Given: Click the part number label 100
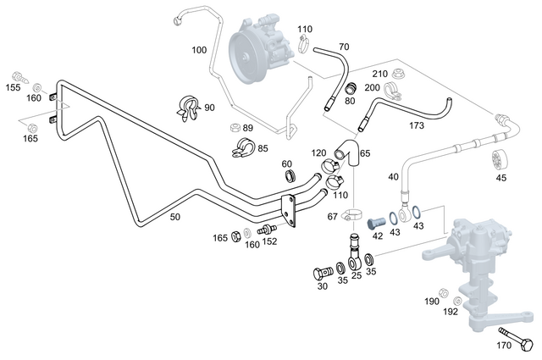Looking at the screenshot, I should click(199, 50).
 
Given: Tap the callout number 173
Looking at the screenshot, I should click(416, 125).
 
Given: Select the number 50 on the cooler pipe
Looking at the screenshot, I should click(174, 218).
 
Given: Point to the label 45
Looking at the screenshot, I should click(501, 179).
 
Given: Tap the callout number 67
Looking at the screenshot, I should click(333, 217).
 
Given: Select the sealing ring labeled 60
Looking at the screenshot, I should click(290, 175).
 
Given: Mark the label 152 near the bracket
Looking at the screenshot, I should click(270, 241).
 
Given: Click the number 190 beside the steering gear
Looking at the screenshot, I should click(431, 302).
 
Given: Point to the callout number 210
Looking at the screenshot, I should click(380, 74).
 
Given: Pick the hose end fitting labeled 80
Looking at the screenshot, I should click(349, 87).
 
